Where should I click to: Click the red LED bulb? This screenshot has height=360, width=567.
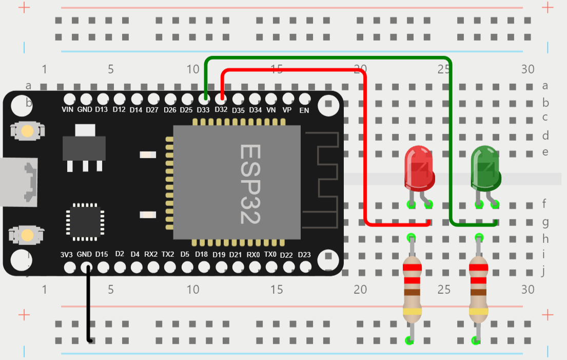tap(419, 167)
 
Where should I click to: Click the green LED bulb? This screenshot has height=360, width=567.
tap(485, 167)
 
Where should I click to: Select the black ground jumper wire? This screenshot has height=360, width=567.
tap(88, 303)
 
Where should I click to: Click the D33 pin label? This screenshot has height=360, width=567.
tap(203, 110)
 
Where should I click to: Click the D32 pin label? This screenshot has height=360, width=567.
tap(221, 110)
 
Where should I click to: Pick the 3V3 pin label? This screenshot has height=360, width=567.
tap(67, 254)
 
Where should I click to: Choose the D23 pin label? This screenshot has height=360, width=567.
tap(304, 255)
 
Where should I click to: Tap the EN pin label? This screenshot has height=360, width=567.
tap(304, 110)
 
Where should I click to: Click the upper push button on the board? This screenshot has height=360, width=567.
tap(27, 131)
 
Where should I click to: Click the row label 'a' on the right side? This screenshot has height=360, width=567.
tap(545, 86)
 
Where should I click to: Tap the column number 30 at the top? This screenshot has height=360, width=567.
tap(527, 69)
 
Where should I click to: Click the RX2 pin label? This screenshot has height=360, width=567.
tap(151, 254)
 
